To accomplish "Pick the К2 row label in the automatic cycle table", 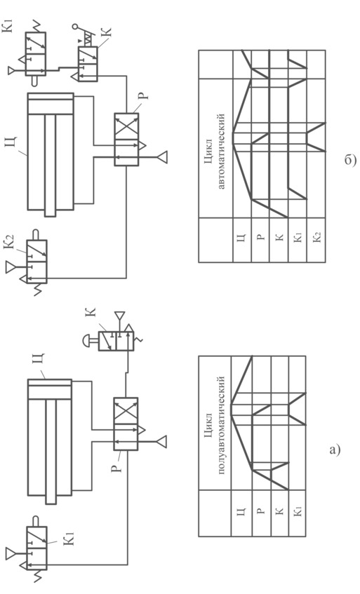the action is coord(317,238).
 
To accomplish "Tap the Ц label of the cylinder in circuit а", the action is coord(40,358).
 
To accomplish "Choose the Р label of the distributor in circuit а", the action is coord(119,467).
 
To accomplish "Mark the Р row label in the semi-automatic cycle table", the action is coord(261,512).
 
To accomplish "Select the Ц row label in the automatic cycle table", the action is coord(243,238).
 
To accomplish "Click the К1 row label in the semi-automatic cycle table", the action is coord(298,512).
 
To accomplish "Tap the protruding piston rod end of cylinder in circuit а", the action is coord(51,500).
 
